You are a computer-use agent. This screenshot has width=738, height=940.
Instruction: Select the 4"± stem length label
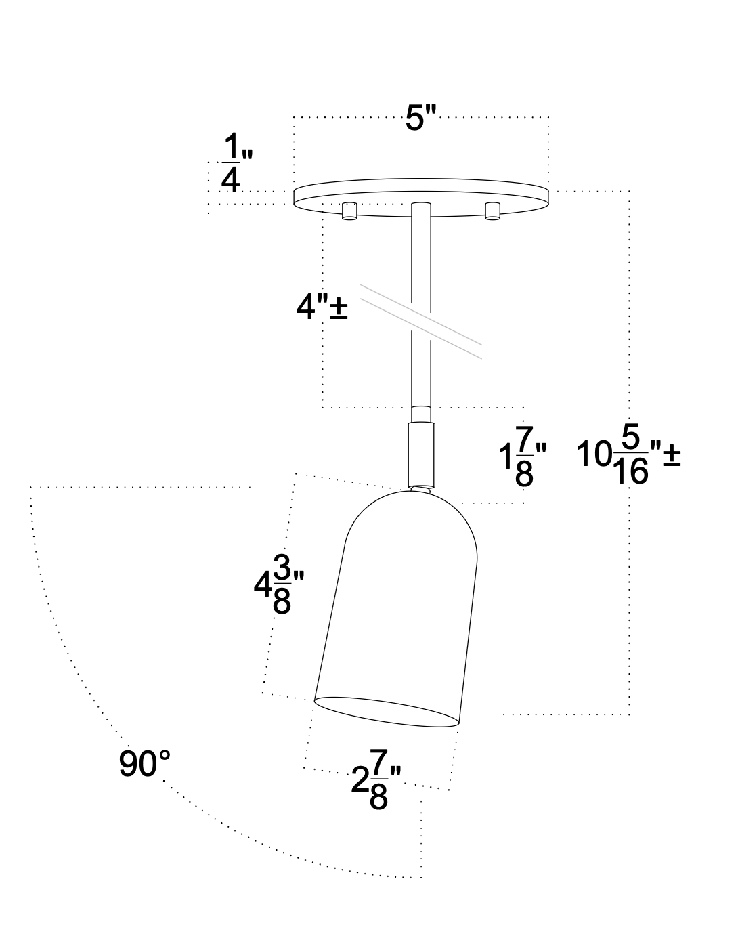(322, 308)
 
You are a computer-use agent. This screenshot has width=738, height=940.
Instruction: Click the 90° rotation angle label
(144, 764)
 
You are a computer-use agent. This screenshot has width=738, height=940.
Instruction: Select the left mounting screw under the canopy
(349, 211)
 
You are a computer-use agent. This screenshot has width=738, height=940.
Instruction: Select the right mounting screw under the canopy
(493, 211)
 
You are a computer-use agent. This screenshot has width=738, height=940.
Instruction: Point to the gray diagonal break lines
(420, 321)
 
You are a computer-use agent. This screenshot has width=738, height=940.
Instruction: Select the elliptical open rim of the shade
(387, 712)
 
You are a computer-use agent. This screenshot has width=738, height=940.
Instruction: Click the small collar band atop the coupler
(420, 414)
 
